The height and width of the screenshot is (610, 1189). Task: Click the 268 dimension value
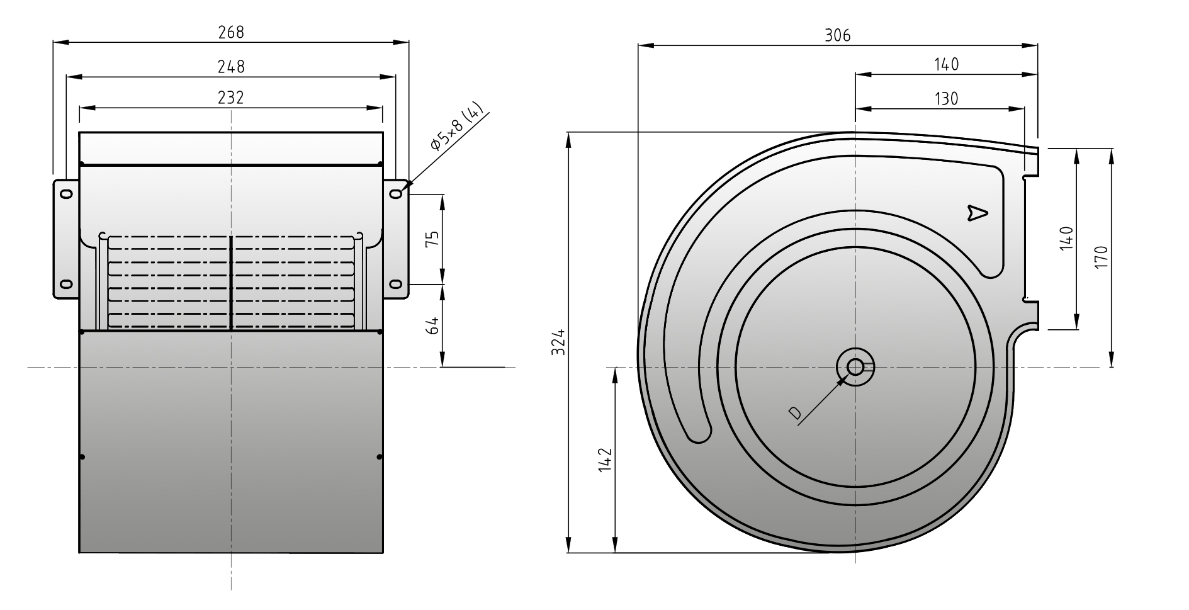[x=231, y=32]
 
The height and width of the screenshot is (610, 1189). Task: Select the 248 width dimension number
[x=231, y=66]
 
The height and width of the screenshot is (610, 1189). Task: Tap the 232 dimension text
[x=231, y=98]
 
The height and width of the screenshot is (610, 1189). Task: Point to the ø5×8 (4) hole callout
[x=458, y=127]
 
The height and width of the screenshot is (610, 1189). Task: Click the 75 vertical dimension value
[x=432, y=239]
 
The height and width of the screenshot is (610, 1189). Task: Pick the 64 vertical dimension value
[x=432, y=325]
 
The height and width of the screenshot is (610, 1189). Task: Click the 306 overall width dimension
[x=838, y=35]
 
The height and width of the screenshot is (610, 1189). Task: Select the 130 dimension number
[x=946, y=99]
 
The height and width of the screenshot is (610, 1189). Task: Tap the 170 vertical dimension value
[x=1101, y=257]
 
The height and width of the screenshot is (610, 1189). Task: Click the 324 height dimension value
[x=558, y=342]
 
